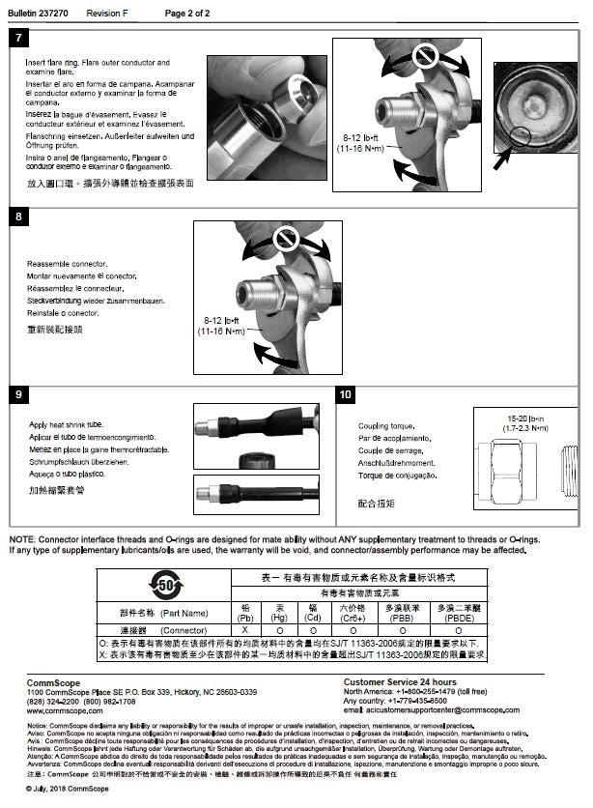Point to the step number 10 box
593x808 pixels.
point(346,394)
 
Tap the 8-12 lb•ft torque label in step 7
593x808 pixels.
point(360,144)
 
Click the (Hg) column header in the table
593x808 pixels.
point(280,618)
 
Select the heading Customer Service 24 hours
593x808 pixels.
point(400,682)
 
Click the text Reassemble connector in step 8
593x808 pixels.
point(68,264)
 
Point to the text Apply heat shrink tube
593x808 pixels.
point(66,425)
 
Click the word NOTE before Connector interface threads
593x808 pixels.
point(22,539)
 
